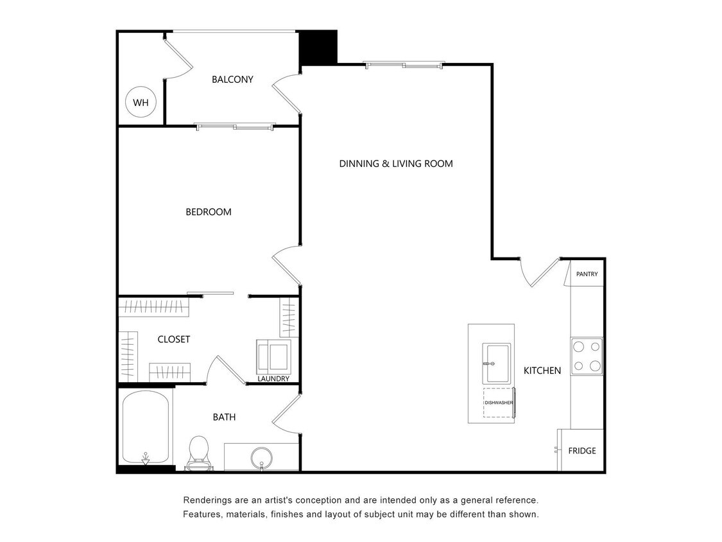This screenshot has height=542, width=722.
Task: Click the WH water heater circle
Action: [141, 102]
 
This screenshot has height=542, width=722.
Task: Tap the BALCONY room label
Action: [232, 80]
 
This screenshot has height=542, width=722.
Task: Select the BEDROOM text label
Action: [208, 212]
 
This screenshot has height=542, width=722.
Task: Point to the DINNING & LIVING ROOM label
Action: [395, 164]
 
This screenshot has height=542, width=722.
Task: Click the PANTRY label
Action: [587, 274]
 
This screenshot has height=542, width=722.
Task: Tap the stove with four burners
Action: [587, 356]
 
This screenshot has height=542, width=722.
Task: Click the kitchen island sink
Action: [496, 363]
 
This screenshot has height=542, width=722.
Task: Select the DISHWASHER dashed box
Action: [499, 403]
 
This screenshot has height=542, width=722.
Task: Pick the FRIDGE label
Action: [581, 451]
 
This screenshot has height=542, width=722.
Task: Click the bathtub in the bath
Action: [146, 427]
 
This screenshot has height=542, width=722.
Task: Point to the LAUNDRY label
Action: [273, 379]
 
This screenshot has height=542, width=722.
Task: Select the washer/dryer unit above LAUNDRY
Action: [273, 356]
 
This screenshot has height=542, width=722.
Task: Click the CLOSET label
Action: [174, 339]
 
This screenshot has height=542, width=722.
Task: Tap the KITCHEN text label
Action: [542, 371]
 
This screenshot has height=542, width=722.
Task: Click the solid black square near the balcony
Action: [319, 47]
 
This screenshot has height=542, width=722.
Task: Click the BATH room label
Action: [224, 417]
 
